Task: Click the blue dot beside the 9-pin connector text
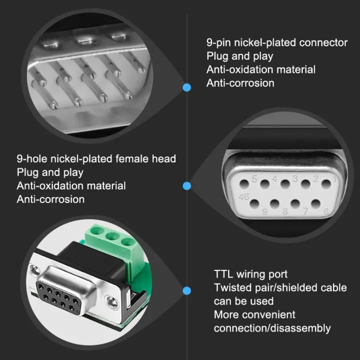coord(187,87)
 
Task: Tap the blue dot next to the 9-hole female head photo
coord(187,186)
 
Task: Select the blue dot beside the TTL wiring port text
coord(187,290)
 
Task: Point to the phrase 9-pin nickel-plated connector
coord(276,42)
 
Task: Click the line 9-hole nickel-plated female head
coord(96,159)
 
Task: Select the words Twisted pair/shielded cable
coord(280,287)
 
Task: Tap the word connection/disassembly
coord(272,328)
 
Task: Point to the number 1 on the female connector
coord(334,177)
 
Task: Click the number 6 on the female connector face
coord(326,211)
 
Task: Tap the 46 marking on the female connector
coord(244,195)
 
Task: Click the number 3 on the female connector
coord(295,178)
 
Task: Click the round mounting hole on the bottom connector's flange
coord(112,302)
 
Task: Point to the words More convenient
coord(254,314)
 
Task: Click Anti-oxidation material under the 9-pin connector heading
coord(260,69)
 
